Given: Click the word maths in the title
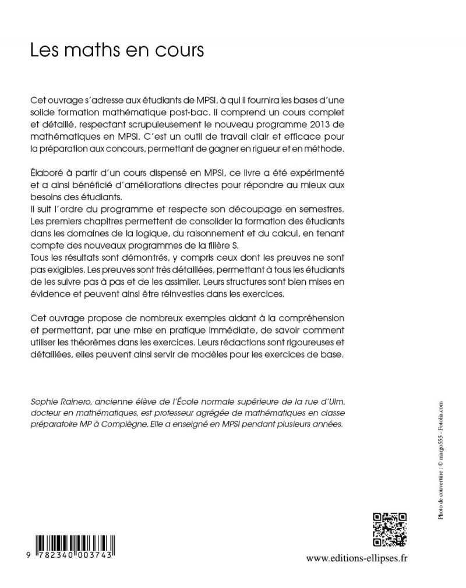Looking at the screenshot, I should [x=90, y=50].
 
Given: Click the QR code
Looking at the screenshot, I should [x=389, y=529].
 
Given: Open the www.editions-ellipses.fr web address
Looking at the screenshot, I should [x=356, y=558].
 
